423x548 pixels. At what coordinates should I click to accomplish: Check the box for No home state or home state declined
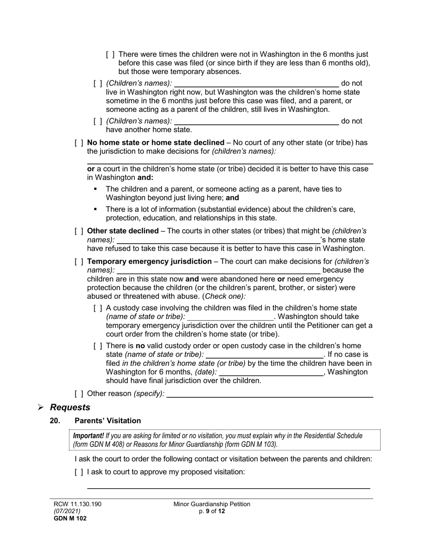(79, 143)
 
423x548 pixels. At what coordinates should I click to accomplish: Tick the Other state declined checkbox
(79, 231)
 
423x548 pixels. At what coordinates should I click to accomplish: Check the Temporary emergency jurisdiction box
(79, 262)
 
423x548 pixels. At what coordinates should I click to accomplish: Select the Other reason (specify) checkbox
(79, 393)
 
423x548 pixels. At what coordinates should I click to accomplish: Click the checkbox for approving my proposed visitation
(79, 472)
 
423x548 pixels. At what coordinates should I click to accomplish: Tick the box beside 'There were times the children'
(110, 54)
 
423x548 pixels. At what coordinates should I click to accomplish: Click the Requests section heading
(70, 407)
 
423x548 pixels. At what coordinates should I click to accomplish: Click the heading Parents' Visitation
(108, 421)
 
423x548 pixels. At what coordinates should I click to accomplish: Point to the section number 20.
(55, 421)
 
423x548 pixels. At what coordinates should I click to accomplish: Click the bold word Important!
(88, 436)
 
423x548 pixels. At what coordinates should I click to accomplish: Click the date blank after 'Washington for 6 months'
(272, 372)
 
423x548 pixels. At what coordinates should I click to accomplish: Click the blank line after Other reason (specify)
(269, 394)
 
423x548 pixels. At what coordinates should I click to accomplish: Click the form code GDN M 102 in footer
(68, 518)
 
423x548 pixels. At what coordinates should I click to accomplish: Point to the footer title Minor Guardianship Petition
(212, 504)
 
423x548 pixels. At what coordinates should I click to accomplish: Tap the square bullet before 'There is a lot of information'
(96, 209)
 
